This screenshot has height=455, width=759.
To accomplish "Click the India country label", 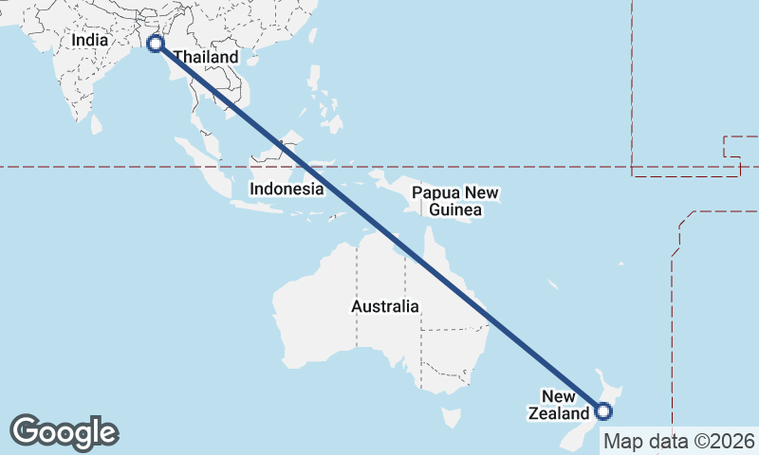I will tap(91, 41).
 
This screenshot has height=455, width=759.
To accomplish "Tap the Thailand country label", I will tap(206, 58).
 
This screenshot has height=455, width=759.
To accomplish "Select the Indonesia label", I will tap(287, 189).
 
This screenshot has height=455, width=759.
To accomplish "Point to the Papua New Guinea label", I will tap(455, 201).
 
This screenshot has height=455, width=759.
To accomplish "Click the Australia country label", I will tap(384, 306).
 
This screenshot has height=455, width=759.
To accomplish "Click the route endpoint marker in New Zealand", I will tap(602, 410).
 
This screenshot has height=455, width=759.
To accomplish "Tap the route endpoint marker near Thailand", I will tap(156, 44).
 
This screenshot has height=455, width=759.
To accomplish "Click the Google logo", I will tap(64, 432).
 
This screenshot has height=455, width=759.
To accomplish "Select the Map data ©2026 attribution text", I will tap(679, 441).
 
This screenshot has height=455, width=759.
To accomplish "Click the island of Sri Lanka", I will tap(96, 124).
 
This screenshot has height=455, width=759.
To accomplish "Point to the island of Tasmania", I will tap(452, 417).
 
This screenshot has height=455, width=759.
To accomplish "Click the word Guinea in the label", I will tap(455, 209).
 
